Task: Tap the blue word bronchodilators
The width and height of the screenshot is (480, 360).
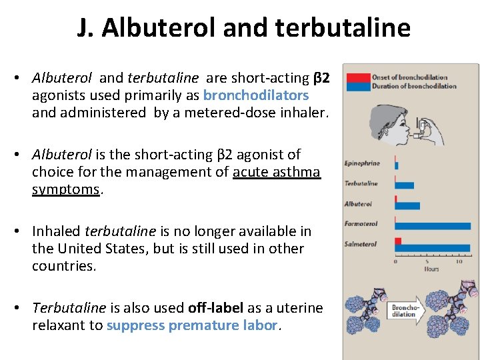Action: [256, 95]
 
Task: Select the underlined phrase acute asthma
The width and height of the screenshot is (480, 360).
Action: [276, 173]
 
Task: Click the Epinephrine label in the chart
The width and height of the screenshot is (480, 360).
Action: [362, 163]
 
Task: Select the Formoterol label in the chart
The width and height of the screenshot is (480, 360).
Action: [361, 224]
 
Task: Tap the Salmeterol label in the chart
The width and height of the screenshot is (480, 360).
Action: [361, 244]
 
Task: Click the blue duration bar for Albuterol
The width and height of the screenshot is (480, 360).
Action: [408, 206]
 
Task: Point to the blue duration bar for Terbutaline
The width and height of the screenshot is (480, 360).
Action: [405, 185]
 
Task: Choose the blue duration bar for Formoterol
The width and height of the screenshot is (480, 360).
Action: [433, 226]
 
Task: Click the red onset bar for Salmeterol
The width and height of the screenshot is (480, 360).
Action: [398, 240]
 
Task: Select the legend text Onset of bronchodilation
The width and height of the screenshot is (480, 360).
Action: [409, 77]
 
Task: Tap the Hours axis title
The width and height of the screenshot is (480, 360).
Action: [431, 269]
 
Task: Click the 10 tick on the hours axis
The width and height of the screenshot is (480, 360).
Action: [459, 261]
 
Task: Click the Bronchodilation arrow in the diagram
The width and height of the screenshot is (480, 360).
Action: [407, 310]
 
